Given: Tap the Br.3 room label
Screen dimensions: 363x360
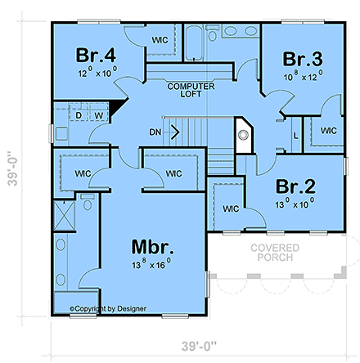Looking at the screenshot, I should pyautogui.click(x=304, y=60).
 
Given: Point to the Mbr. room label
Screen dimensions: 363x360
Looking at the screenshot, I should pyautogui.click(x=154, y=247).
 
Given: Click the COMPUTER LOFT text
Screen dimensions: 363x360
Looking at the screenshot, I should pyautogui.click(x=191, y=90).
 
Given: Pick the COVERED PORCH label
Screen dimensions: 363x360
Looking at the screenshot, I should pyautogui.click(x=275, y=253).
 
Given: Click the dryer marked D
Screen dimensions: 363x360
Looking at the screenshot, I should pyautogui.click(x=79, y=115).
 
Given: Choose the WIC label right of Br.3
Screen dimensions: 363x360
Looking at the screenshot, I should pyautogui.click(x=328, y=131).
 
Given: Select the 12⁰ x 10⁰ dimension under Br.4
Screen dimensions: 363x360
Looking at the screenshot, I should pyautogui.click(x=97, y=73).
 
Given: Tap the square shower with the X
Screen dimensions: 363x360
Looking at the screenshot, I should pyautogui.click(x=63, y=217).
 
